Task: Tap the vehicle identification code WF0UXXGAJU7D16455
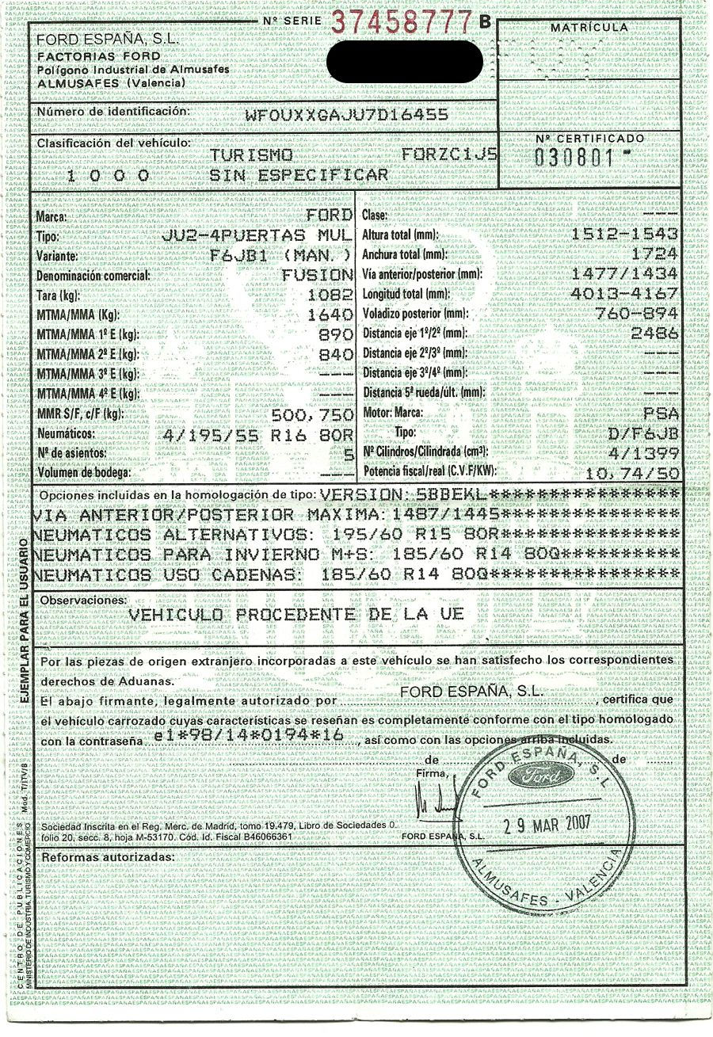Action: click(x=347, y=114)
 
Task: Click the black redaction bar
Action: click(x=404, y=58)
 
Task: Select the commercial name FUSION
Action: click(x=318, y=275)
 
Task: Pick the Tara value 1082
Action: click(x=334, y=295)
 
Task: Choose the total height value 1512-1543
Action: click(x=624, y=234)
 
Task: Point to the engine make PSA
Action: click(x=661, y=414)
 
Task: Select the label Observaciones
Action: click(x=82, y=600)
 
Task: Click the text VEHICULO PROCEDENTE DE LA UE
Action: click(x=296, y=615)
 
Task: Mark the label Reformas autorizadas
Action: click(x=106, y=857)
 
